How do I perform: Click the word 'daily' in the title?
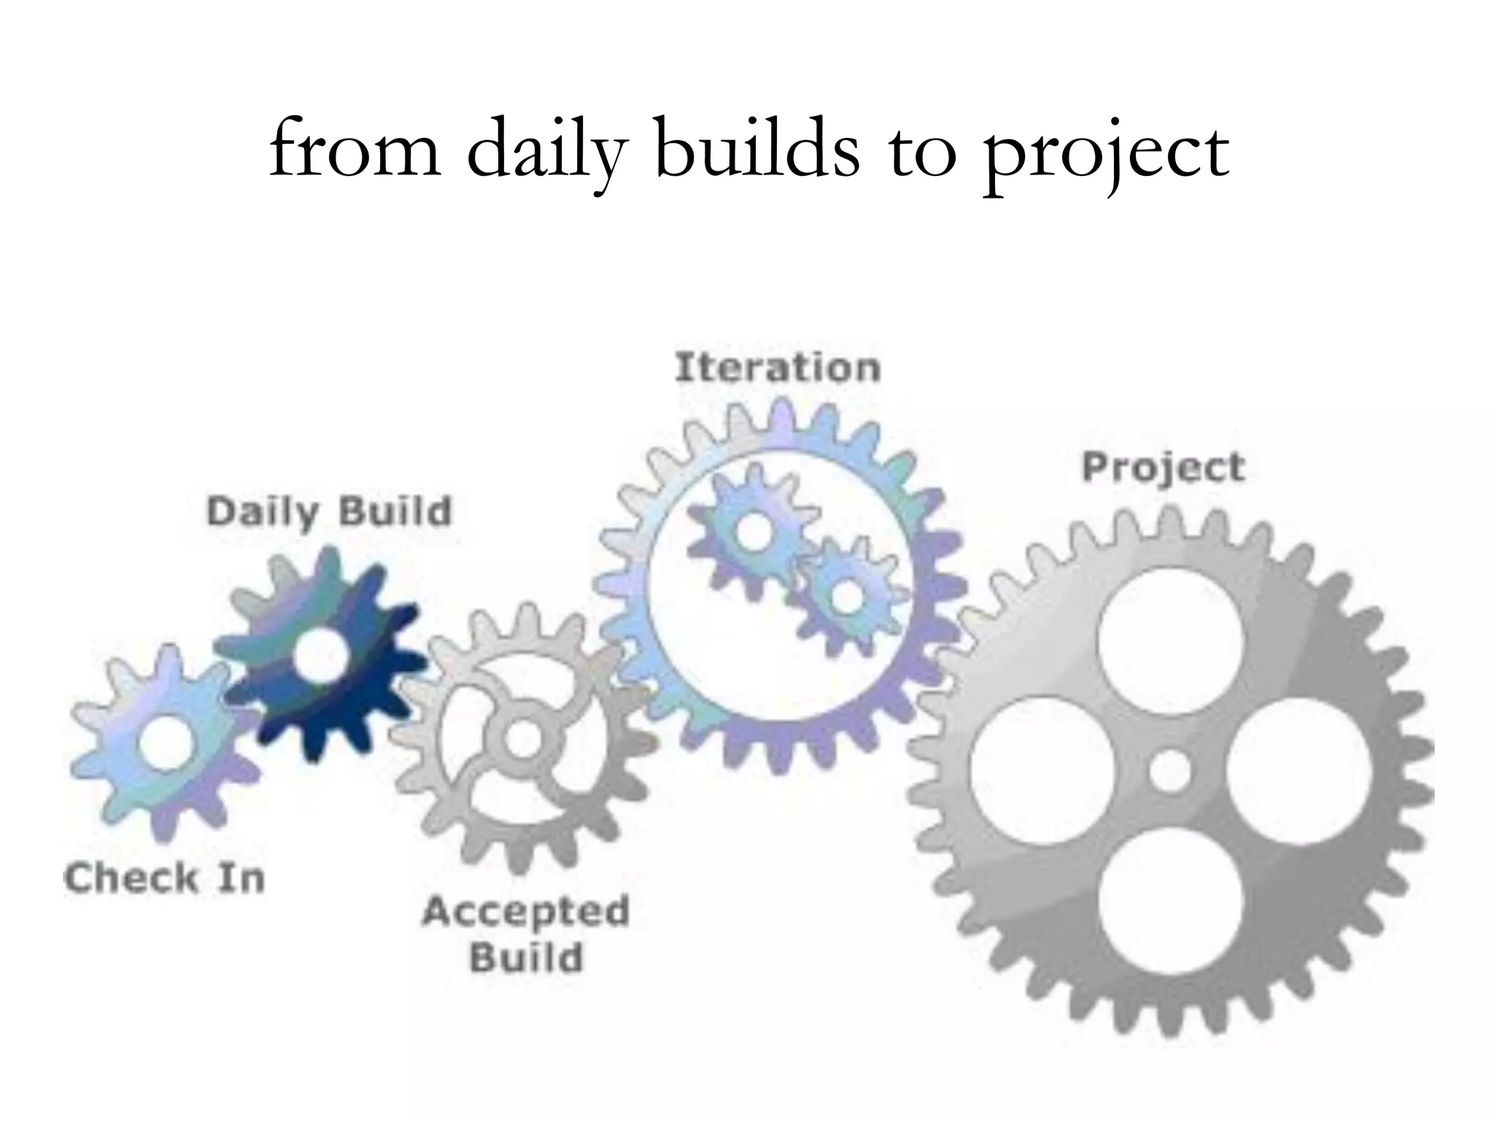point(546,150)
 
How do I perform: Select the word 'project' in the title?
point(1106,153)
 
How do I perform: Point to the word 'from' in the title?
point(355,150)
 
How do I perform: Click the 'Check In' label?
point(164,878)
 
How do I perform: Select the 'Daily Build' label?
point(330,512)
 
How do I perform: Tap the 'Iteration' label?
point(778,367)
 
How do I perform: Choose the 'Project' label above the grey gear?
point(1163,468)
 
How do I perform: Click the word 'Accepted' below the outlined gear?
point(525,913)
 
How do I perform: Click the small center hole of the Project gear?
point(1170,771)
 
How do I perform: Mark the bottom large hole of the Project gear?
point(1170,899)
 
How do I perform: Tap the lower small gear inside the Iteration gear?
point(847,595)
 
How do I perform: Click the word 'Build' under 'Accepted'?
point(527,958)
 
